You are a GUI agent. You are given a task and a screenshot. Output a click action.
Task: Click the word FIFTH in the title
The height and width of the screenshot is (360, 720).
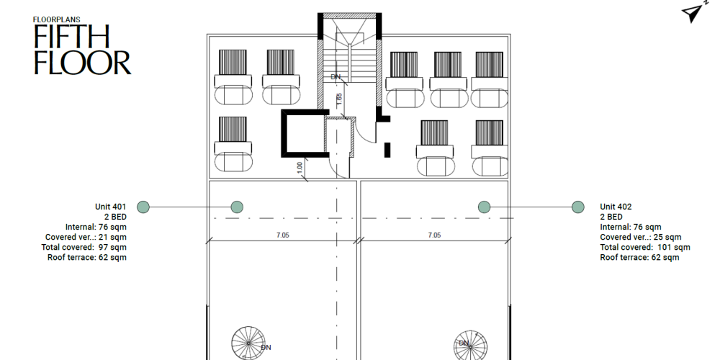71,36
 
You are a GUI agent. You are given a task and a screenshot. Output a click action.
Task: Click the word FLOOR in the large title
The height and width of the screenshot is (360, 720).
83,63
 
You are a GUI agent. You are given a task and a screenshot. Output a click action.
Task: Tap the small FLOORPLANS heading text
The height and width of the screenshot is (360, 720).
56,19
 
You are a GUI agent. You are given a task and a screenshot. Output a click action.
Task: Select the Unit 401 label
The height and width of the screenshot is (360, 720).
110,207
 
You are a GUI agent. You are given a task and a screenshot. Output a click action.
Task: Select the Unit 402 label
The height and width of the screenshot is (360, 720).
616,207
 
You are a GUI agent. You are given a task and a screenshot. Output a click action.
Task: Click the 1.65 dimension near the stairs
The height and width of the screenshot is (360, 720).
339,99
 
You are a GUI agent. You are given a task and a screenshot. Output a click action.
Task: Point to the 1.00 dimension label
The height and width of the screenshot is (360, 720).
300,168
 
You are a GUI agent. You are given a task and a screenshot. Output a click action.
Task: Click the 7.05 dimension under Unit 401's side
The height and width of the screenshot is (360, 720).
283,235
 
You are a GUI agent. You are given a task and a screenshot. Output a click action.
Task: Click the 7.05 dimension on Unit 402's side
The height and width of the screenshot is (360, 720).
434,235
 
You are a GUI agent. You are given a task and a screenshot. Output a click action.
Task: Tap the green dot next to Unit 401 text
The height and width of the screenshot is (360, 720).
143,207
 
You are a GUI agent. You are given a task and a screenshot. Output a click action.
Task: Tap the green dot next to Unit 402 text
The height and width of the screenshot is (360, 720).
578,207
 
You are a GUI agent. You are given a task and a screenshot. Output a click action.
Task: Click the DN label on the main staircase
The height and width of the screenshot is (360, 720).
336,77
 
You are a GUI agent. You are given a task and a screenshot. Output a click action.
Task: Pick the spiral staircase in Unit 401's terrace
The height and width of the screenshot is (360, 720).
248,343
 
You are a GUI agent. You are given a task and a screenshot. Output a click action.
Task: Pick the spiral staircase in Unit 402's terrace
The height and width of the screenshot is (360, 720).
470,346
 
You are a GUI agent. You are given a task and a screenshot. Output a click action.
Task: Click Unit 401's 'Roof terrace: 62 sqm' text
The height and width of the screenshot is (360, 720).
87,257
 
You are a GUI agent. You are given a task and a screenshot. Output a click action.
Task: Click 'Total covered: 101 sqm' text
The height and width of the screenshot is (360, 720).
645,247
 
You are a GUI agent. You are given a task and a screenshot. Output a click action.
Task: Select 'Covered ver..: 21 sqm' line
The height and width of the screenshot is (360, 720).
86,237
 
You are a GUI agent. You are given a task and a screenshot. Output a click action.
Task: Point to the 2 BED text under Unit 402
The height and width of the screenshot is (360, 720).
611,217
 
